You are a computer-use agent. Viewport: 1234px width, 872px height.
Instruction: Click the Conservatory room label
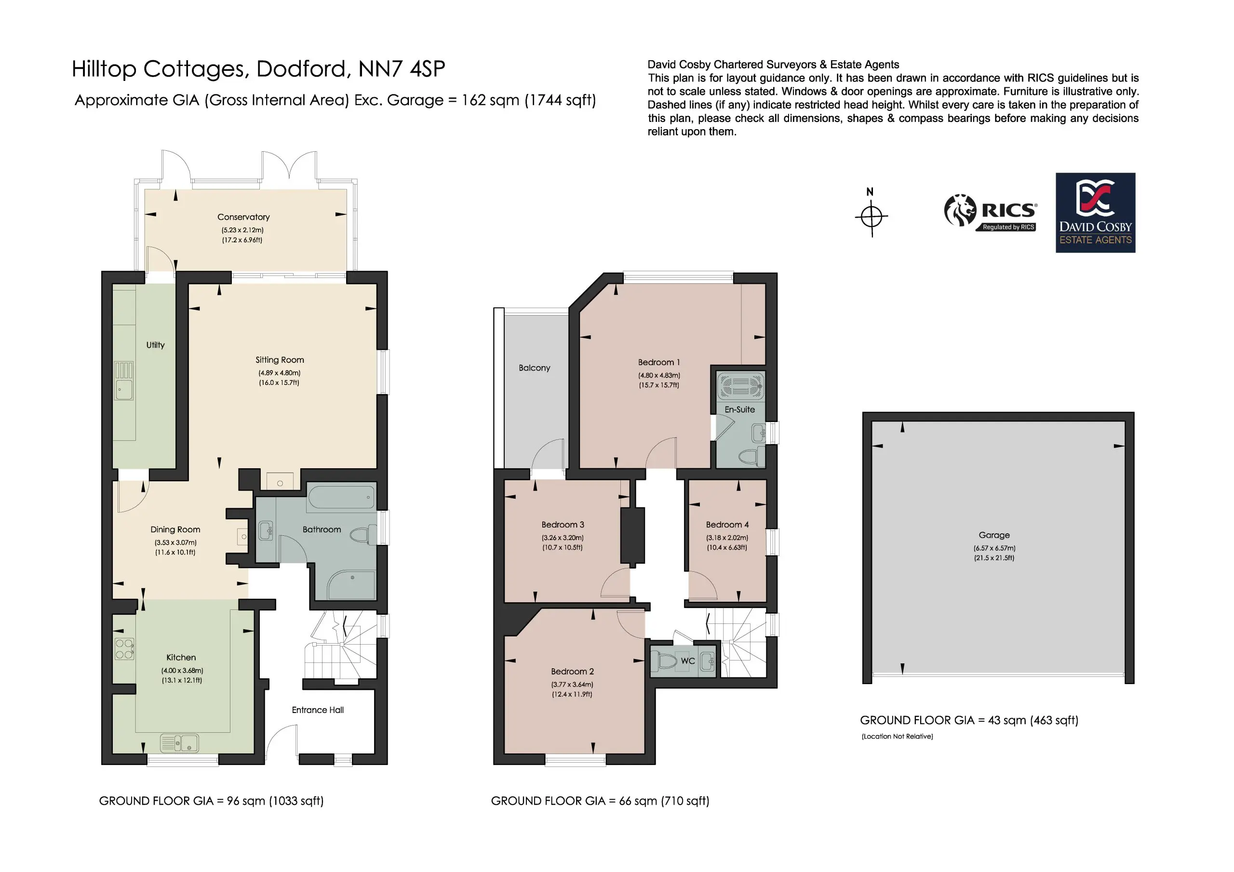tap(243, 217)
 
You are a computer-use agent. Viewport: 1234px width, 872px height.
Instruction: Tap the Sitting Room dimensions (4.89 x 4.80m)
tap(279, 373)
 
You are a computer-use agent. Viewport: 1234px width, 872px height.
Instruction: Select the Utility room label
tap(155, 345)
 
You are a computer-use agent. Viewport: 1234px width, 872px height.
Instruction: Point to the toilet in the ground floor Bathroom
tap(362, 535)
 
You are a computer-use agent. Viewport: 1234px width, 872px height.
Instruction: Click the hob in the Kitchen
tap(124, 648)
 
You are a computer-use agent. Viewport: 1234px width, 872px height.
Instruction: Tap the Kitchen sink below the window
tap(179, 743)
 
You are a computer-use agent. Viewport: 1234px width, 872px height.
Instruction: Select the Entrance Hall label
tap(318, 710)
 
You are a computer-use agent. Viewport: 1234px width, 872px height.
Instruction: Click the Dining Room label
tap(175, 529)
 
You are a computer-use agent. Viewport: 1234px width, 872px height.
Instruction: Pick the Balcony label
tap(534, 368)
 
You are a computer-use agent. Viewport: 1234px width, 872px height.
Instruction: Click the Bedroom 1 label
tap(659, 362)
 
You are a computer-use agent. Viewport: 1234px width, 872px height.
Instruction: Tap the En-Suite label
tap(739, 410)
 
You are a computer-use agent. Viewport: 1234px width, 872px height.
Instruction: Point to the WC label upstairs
tap(688, 661)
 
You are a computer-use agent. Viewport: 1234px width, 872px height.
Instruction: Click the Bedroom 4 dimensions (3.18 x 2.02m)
tap(727, 537)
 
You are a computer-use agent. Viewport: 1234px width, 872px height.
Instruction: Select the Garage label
tap(994, 535)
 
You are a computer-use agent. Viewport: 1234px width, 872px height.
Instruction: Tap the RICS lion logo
tap(960, 210)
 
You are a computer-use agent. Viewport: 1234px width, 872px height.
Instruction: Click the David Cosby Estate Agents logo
tap(1095, 213)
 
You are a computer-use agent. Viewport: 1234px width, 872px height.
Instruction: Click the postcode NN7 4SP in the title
tap(402, 69)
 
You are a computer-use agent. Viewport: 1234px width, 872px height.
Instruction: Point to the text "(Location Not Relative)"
tap(897, 736)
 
